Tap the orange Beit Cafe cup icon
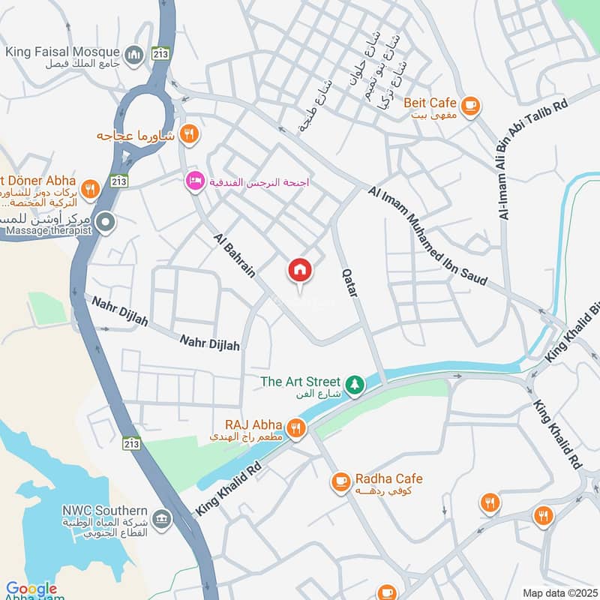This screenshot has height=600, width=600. (470, 106)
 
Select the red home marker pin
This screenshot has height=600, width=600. (300, 271)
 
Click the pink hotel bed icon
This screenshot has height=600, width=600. (195, 181)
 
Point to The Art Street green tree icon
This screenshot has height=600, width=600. (354, 385)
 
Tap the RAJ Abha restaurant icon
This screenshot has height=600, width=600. (297, 429)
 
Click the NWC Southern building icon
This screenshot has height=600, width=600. (160, 518)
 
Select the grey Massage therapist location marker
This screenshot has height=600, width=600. (106, 222)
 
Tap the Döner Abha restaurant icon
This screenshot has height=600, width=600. (90, 189)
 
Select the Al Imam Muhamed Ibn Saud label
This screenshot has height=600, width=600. (428, 236)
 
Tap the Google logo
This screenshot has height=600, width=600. (31, 589)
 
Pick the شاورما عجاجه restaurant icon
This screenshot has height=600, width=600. (190, 135)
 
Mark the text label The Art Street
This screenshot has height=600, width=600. (300, 382)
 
